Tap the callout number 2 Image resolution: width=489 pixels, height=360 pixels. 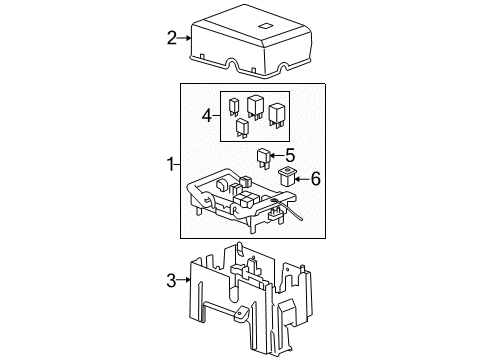click(x=172, y=39)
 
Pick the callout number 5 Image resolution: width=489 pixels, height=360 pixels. click(x=290, y=155)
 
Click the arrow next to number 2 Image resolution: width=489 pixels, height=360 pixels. click(x=185, y=39)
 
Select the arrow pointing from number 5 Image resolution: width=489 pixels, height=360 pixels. click(x=277, y=156)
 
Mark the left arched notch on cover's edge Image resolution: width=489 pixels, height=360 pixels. click(x=233, y=66)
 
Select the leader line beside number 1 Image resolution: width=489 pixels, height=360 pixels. click(x=177, y=163)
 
